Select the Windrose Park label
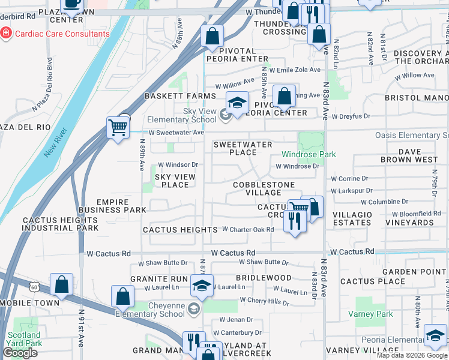point(309,154)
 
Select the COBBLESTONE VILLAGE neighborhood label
point(264,188)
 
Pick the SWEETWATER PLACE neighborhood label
point(243,149)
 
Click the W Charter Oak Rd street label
point(248,229)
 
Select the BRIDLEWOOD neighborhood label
point(264,278)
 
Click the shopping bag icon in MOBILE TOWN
point(62,284)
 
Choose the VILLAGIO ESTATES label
point(352,218)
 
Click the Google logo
point(20,353)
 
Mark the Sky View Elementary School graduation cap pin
point(237,103)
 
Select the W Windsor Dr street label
point(178,164)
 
